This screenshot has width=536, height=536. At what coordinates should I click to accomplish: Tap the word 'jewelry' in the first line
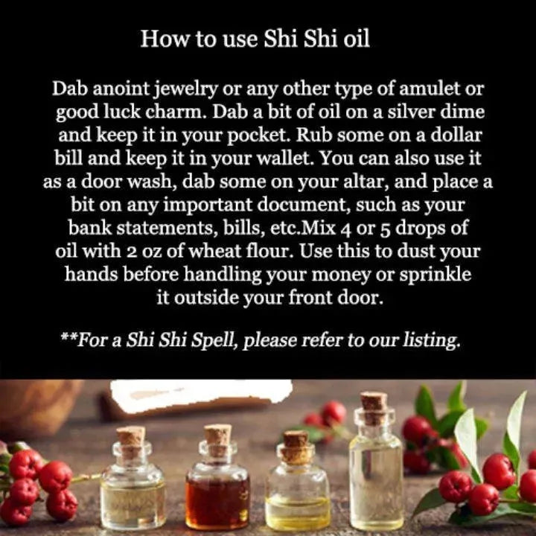coord(187,89)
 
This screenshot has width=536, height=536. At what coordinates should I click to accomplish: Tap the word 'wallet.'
coord(284,159)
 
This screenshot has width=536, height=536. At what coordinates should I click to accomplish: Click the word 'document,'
coord(303,205)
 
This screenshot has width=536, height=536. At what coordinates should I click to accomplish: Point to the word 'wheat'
coord(214,252)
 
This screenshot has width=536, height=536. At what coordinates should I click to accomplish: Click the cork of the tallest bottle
coord(374,409)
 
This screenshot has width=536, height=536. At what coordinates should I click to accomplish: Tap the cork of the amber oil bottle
coord(217,440)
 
